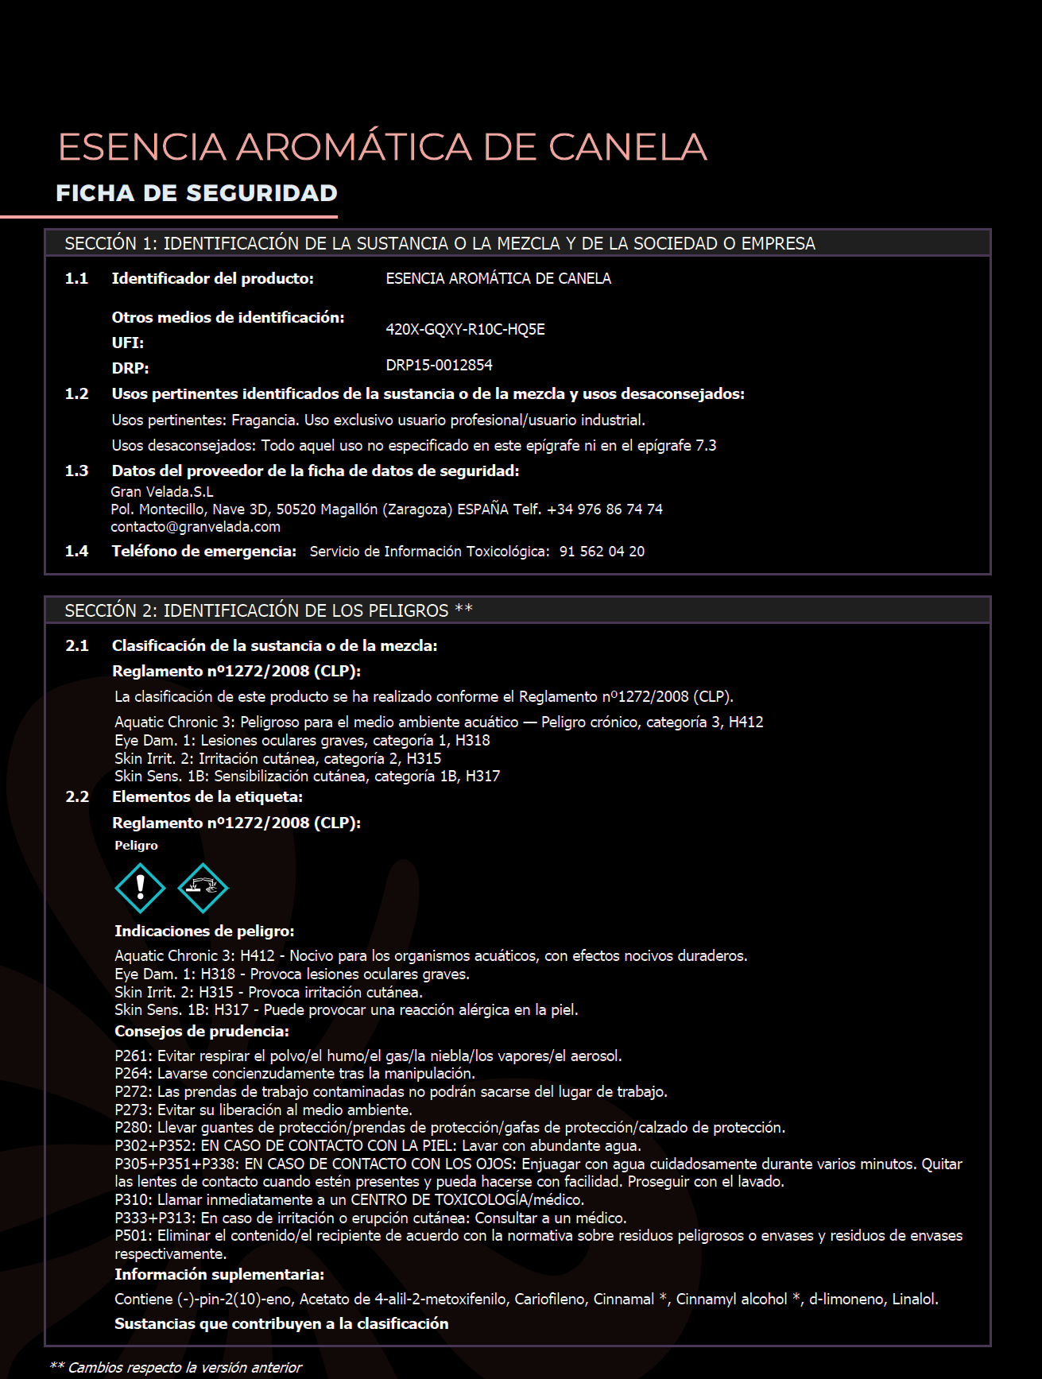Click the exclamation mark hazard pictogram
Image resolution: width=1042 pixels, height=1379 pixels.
[x=140, y=888]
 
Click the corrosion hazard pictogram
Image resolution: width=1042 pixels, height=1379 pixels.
[x=203, y=888]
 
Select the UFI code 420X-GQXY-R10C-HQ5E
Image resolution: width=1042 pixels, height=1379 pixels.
[x=465, y=330]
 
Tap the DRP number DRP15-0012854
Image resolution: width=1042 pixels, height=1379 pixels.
[x=439, y=365]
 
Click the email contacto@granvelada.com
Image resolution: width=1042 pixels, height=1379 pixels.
[x=196, y=527]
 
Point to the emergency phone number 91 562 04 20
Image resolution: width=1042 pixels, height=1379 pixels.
[x=602, y=552]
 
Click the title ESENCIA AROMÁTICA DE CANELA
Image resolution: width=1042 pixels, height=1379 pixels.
[x=382, y=147]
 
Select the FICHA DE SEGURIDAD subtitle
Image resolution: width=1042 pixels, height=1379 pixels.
[x=196, y=193]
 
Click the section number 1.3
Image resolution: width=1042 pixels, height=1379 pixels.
[x=76, y=471]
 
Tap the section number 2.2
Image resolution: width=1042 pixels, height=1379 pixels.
[x=77, y=796]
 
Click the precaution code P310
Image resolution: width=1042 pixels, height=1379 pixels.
[x=133, y=1199]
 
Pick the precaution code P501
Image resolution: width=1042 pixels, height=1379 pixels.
[x=133, y=1236]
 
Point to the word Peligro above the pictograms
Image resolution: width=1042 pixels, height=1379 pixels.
[x=136, y=846]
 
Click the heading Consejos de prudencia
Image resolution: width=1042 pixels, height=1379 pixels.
[x=201, y=1032]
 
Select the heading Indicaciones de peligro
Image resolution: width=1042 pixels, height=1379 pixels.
[x=204, y=931]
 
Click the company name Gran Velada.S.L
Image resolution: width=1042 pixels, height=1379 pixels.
[x=162, y=492]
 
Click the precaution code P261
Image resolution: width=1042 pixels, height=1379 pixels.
[x=133, y=1056]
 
